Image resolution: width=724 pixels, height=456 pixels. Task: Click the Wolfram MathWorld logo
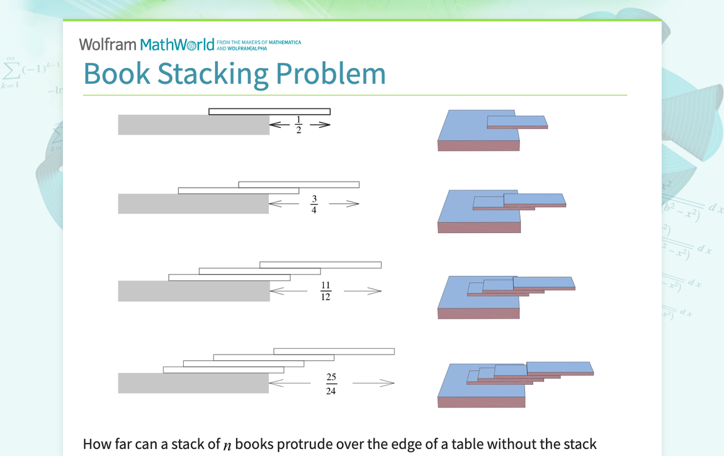tap(146, 45)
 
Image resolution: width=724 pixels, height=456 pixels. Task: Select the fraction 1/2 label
tap(298, 125)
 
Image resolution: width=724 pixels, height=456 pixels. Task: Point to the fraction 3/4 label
tap(314, 204)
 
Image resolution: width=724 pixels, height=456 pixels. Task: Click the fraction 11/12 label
tap(325, 291)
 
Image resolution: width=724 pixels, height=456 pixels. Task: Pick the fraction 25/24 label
tap(331, 384)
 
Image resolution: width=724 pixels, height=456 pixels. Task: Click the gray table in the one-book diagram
tap(193, 125)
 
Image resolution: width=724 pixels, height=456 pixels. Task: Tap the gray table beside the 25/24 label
tap(193, 384)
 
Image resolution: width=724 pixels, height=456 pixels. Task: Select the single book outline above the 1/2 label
tap(269, 111)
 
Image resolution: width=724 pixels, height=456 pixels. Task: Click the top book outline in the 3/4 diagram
tap(298, 185)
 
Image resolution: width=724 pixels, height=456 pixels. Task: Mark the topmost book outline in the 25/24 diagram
tap(334, 351)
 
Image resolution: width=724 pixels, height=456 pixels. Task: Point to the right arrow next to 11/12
tap(363, 291)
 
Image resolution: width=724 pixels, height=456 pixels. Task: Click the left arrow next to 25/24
tap(290, 383)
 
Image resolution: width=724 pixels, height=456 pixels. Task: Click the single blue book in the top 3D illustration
tap(516, 121)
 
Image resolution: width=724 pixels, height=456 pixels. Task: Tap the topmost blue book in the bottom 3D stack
tap(559, 367)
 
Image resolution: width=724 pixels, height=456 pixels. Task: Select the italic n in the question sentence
tap(227, 445)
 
